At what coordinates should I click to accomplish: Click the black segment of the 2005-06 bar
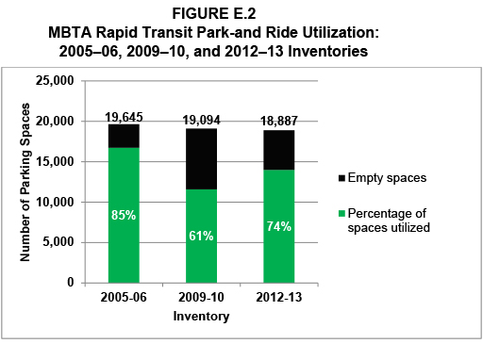(124, 136)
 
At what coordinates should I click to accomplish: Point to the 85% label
(124, 215)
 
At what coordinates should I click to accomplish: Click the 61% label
(201, 236)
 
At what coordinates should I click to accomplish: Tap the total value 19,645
(124, 117)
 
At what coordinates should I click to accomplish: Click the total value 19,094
(201, 121)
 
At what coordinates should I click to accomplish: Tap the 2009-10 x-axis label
(201, 299)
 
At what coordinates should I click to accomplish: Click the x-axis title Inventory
(201, 317)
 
